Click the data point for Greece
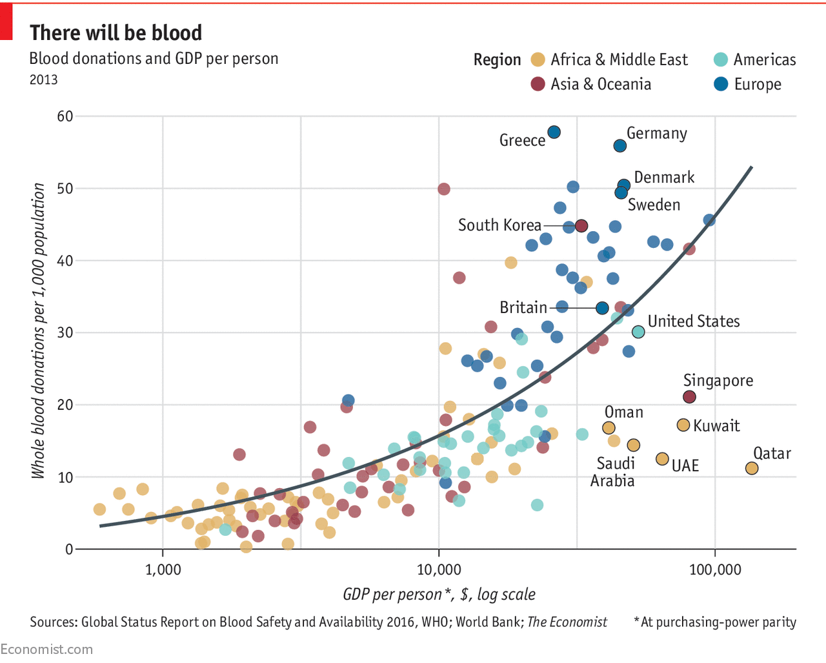click(x=554, y=132)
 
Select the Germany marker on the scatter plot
click(x=619, y=146)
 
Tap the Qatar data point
click(x=752, y=468)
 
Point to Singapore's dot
click(x=689, y=397)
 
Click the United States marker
click(x=638, y=332)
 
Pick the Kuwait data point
click(x=683, y=425)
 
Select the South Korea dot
click(x=581, y=225)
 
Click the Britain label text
click(x=523, y=307)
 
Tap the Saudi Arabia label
click(x=614, y=472)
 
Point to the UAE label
click(x=685, y=465)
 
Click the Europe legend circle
click(x=721, y=84)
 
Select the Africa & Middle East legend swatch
click(x=538, y=59)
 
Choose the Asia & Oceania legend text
click(x=601, y=84)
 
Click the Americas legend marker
click(x=721, y=59)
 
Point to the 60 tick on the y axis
click(x=65, y=116)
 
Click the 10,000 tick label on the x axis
click(x=439, y=569)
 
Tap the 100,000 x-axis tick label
click(x=715, y=569)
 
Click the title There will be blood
click(x=116, y=32)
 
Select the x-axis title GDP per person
click(x=439, y=594)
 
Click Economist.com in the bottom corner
click(x=46, y=649)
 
